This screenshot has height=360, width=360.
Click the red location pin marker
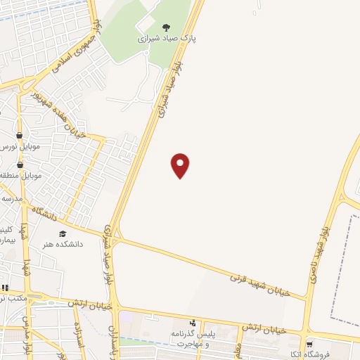[x=181, y=165]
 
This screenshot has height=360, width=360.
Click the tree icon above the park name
[x=166, y=27]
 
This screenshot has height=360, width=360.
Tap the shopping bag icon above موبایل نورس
[x=19, y=135]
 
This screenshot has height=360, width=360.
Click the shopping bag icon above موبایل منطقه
[x=20, y=164]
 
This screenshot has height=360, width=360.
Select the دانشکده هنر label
[x=61, y=244]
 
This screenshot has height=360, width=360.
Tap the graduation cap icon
[x=62, y=233]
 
